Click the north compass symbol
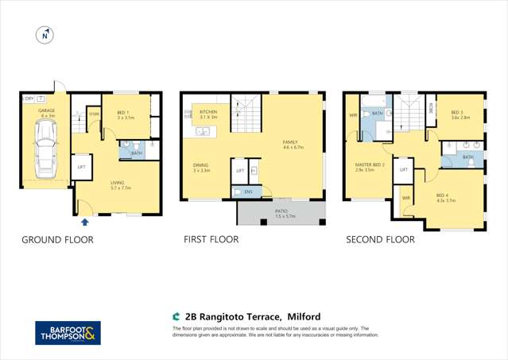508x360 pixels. pos(45,35)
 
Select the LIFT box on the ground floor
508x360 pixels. pos(81,168)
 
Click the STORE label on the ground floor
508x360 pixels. pos(94,114)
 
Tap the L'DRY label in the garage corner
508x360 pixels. pos(28,99)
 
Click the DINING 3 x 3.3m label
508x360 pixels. pos(201,168)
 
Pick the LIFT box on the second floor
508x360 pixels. pos(404,169)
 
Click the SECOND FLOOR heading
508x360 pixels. pos(379,239)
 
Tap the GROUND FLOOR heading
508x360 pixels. pos(57,239)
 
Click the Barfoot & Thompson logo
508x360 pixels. pos(68,333)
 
